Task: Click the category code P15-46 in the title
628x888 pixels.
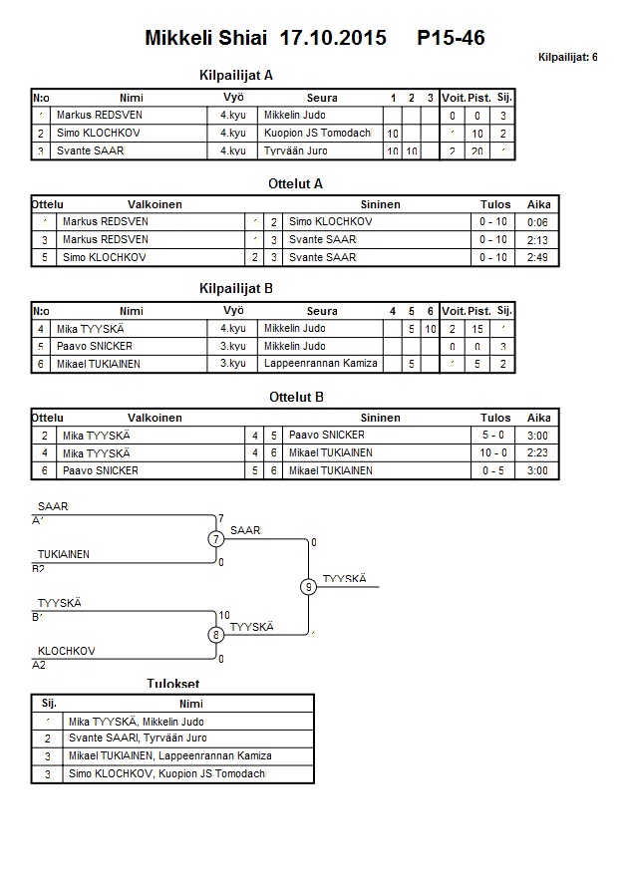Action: click(452, 39)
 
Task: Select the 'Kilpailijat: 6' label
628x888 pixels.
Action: click(567, 58)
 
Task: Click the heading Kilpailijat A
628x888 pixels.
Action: click(236, 75)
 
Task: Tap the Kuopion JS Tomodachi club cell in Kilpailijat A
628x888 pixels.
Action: click(318, 134)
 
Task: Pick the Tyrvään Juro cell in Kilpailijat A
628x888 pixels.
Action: click(298, 151)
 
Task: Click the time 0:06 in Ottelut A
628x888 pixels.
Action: click(538, 222)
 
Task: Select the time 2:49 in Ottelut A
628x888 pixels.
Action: click(538, 257)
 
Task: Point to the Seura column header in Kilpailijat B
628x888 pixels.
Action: click(322, 311)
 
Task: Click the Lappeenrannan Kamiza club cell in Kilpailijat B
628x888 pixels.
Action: click(321, 364)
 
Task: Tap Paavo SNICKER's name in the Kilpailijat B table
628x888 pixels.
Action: click(95, 346)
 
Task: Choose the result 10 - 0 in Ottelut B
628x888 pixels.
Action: click(494, 452)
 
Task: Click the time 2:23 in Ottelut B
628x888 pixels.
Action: click(538, 452)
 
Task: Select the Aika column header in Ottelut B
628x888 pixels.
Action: click(538, 419)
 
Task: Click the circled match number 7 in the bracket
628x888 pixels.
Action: click(216, 539)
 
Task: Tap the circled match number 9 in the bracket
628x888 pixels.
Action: click(309, 587)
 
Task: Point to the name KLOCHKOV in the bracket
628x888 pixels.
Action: click(66, 651)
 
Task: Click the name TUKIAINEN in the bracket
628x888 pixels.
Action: click(64, 554)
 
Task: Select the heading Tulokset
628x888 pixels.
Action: click(172, 685)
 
